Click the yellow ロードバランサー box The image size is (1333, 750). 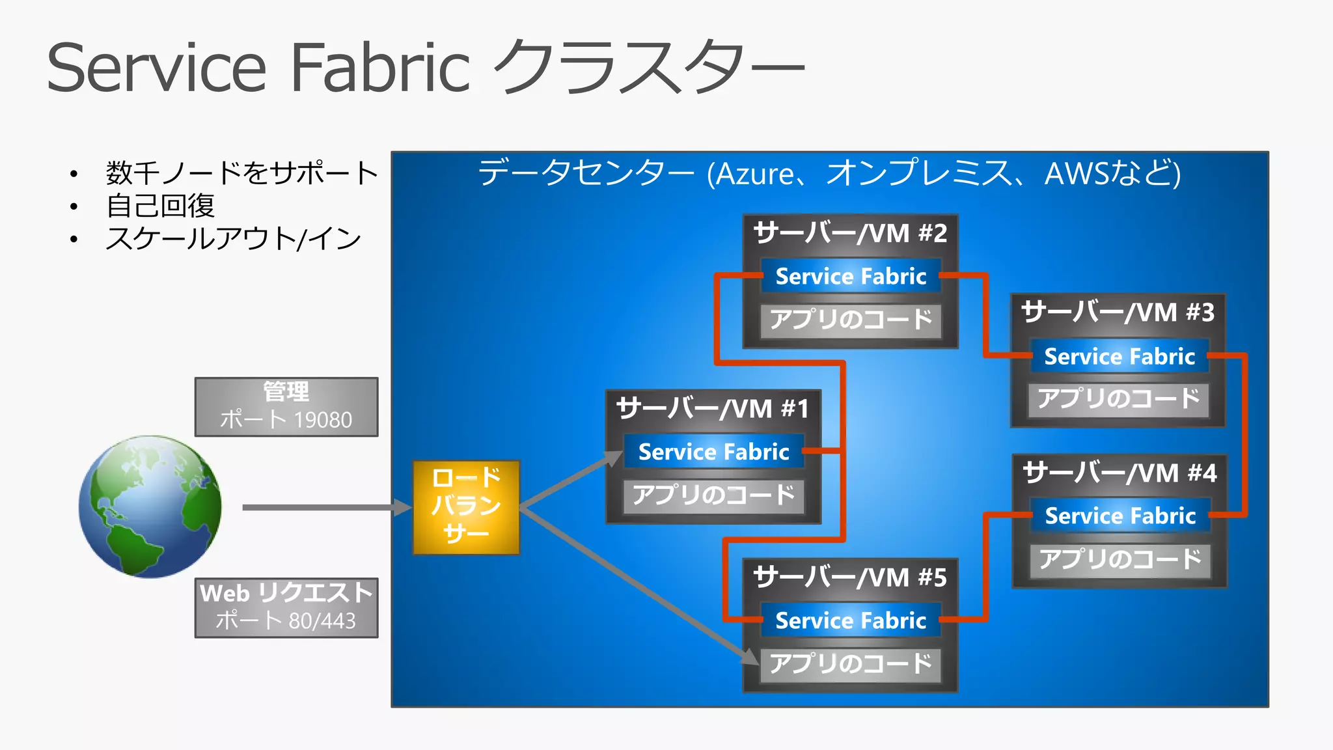pyautogui.click(x=466, y=507)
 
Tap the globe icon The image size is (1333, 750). pyautogui.click(x=150, y=507)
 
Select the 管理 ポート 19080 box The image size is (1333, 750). pyautogui.click(x=286, y=407)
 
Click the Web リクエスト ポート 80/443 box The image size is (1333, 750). pyautogui.click(x=286, y=607)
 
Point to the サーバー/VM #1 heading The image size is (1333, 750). pyautogui.click(x=713, y=410)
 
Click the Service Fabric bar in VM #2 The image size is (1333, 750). pyautogui.click(x=851, y=276)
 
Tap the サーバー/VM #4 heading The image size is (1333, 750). pyautogui.click(x=1120, y=473)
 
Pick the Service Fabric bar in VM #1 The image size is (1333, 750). pyautogui.click(x=713, y=452)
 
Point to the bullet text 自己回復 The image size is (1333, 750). pyautogui.click(x=160, y=206)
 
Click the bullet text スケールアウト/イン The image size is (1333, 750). pyautogui.click(x=233, y=239)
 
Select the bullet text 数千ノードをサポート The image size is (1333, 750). pyautogui.click(x=241, y=173)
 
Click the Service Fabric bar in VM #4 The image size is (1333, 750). pyautogui.click(x=1120, y=516)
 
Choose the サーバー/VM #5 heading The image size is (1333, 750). pyautogui.click(x=850, y=578)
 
